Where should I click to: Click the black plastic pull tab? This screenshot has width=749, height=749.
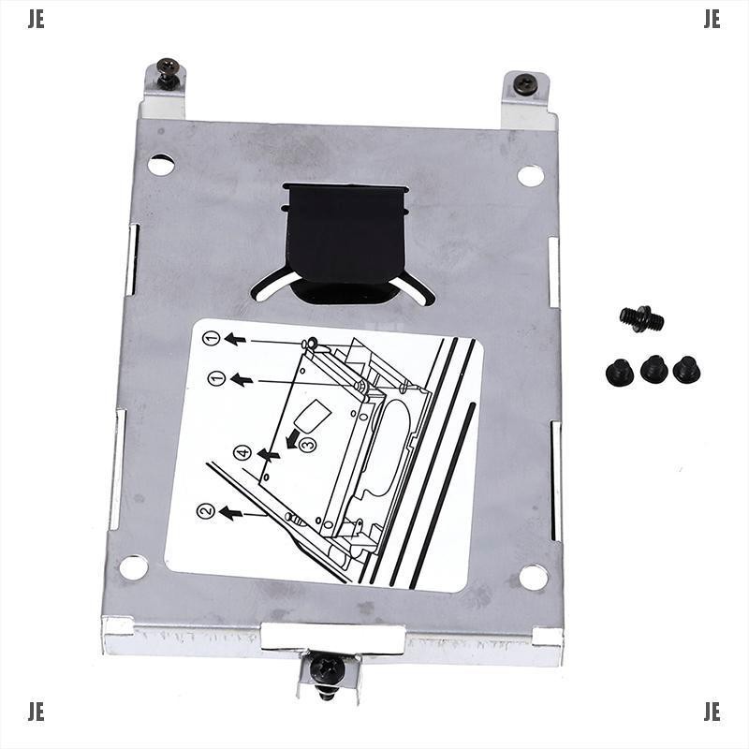pos(346,240)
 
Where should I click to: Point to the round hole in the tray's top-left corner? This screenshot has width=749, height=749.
pos(161,165)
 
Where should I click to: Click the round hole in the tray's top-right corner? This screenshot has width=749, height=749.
pos(531,175)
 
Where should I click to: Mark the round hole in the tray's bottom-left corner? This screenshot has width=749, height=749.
pos(134,566)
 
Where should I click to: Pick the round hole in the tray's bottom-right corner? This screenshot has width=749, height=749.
pos(534,577)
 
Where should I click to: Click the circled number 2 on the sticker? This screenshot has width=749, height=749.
pos(205,511)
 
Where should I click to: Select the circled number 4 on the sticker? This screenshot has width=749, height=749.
pos(242,453)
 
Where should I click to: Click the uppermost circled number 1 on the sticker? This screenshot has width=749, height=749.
pos(212,338)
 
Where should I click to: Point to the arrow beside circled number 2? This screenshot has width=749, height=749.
pos(230,512)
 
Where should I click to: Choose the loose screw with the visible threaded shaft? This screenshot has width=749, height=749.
pos(641,319)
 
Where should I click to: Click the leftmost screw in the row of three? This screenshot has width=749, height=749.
pos(620,372)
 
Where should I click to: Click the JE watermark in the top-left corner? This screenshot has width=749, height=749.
pos(36,21)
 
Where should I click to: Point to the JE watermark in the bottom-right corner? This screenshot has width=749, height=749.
pos(712,712)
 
